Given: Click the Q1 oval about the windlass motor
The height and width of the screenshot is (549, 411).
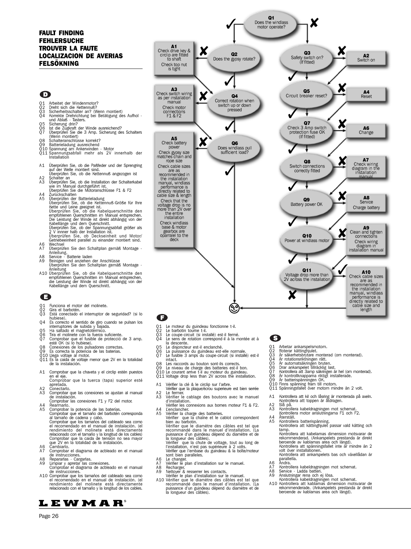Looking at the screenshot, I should coord(271,22).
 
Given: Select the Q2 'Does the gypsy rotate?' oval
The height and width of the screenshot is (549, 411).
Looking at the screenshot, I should coord(234,57).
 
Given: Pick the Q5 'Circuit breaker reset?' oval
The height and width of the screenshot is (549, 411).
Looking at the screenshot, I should coord(306,94).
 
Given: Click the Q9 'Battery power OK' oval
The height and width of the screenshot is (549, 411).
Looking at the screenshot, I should coord(306,202).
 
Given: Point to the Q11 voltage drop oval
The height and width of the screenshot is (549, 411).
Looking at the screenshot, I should coord(307,275).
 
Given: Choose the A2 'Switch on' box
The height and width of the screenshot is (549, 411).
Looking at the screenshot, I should coord(366,58).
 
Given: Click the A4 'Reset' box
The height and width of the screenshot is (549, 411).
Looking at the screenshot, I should coord(366,94).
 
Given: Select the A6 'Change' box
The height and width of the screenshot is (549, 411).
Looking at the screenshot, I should coord(366,130).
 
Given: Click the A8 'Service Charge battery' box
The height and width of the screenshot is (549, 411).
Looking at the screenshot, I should coord(366,203).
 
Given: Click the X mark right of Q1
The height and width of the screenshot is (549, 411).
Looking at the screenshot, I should coord(314,23).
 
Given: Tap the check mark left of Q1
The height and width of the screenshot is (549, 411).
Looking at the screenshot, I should coord(230,25).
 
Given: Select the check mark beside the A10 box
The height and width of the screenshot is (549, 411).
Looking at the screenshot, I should coord(343,269).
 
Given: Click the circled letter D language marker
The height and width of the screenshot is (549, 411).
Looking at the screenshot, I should coord(45,94).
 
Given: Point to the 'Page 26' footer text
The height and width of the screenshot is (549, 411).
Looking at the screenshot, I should coord(49,516).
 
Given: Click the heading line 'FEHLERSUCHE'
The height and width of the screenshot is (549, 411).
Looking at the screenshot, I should coord(61,41).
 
